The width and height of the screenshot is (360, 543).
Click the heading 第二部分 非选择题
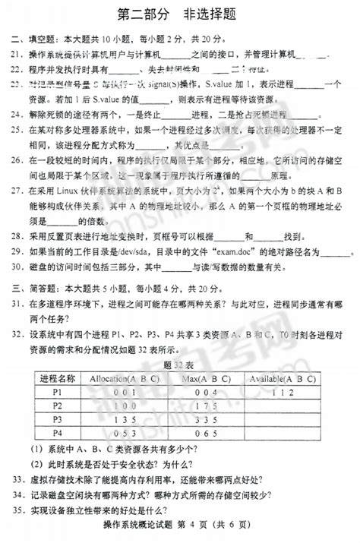pos(179,13)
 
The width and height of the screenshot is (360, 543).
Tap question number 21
pos(16,55)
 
